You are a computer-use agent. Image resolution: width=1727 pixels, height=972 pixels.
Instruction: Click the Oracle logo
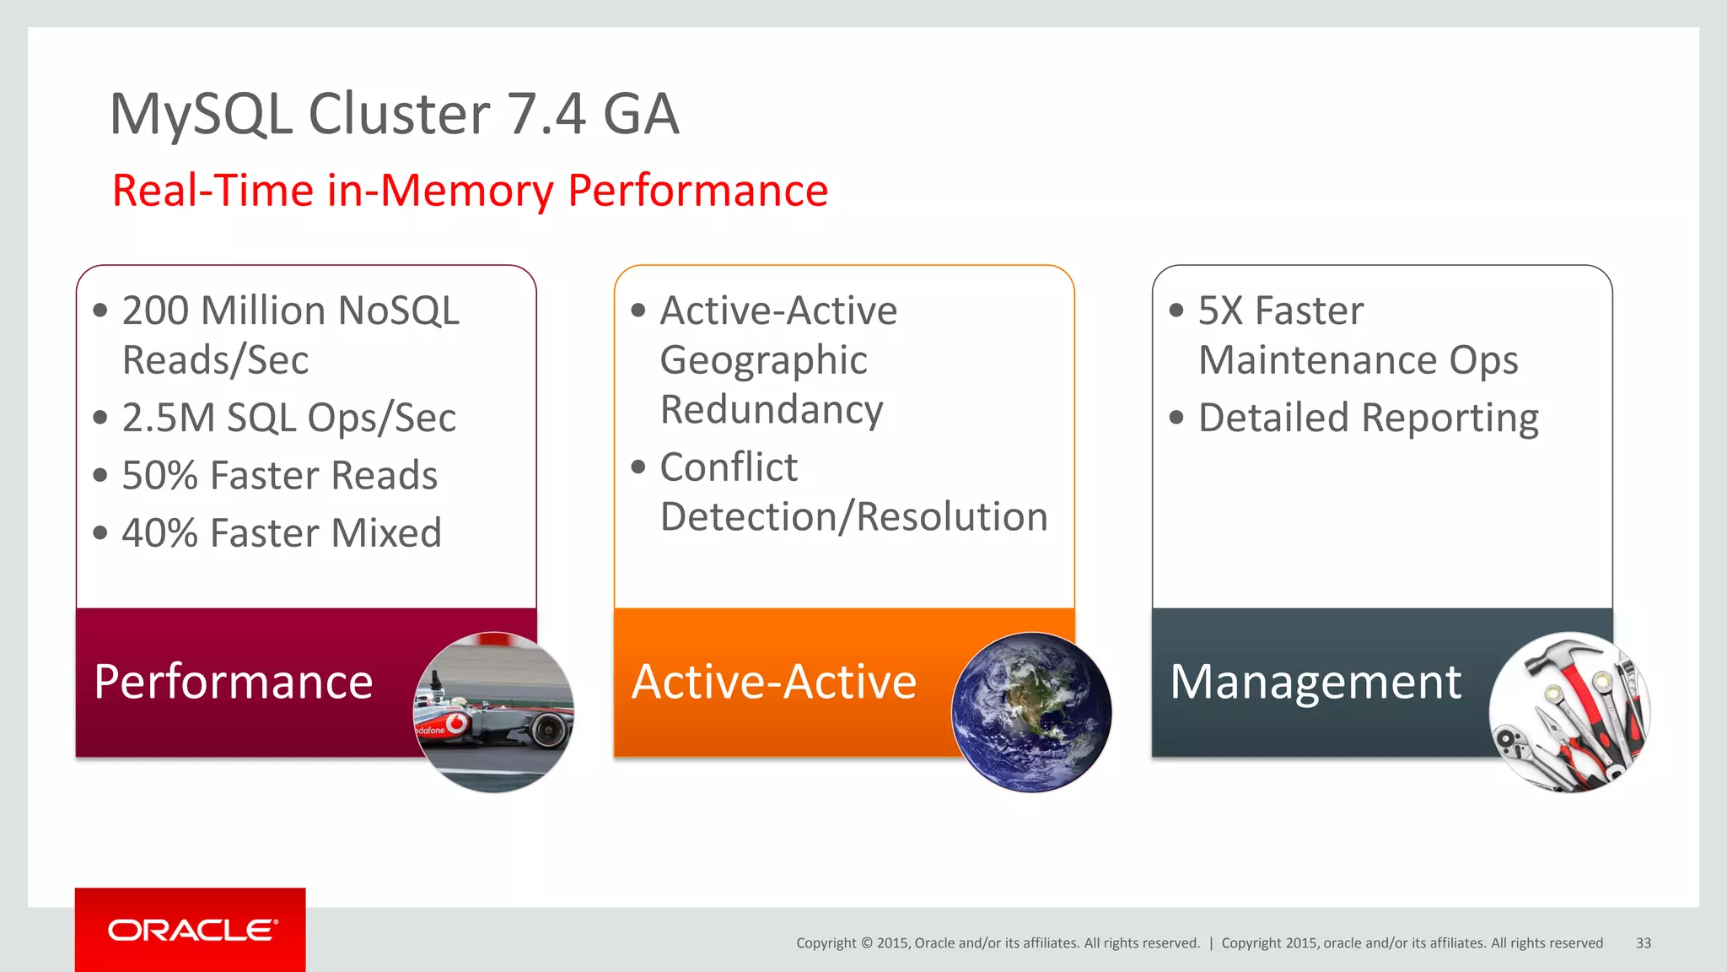pyautogui.click(x=191, y=930)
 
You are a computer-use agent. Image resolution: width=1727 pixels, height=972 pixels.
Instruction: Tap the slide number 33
pyautogui.click(x=1643, y=943)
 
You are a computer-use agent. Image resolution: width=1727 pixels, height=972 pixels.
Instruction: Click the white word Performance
pyautogui.click(x=234, y=682)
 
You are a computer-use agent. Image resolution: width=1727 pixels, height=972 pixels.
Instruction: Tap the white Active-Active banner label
pyautogui.click(x=773, y=682)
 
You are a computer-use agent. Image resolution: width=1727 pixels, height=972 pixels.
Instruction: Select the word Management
pyautogui.click(x=1315, y=682)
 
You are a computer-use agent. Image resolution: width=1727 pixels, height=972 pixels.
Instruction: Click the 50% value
pyautogui.click(x=159, y=476)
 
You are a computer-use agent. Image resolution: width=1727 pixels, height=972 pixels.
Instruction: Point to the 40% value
pyautogui.click(x=159, y=533)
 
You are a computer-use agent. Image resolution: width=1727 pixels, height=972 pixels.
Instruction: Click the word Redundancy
pyautogui.click(x=771, y=410)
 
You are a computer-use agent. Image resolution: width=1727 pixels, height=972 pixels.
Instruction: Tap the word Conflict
pyautogui.click(x=729, y=467)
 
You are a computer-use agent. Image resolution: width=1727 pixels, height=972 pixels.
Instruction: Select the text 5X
pyautogui.click(x=1220, y=310)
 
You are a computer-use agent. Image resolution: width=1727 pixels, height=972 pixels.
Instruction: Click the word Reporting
pyautogui.click(x=1450, y=418)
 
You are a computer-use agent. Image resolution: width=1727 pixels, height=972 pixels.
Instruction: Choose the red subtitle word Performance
pyautogui.click(x=697, y=191)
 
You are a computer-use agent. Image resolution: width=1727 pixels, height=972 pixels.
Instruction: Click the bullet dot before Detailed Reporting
pyautogui.click(x=1176, y=417)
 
